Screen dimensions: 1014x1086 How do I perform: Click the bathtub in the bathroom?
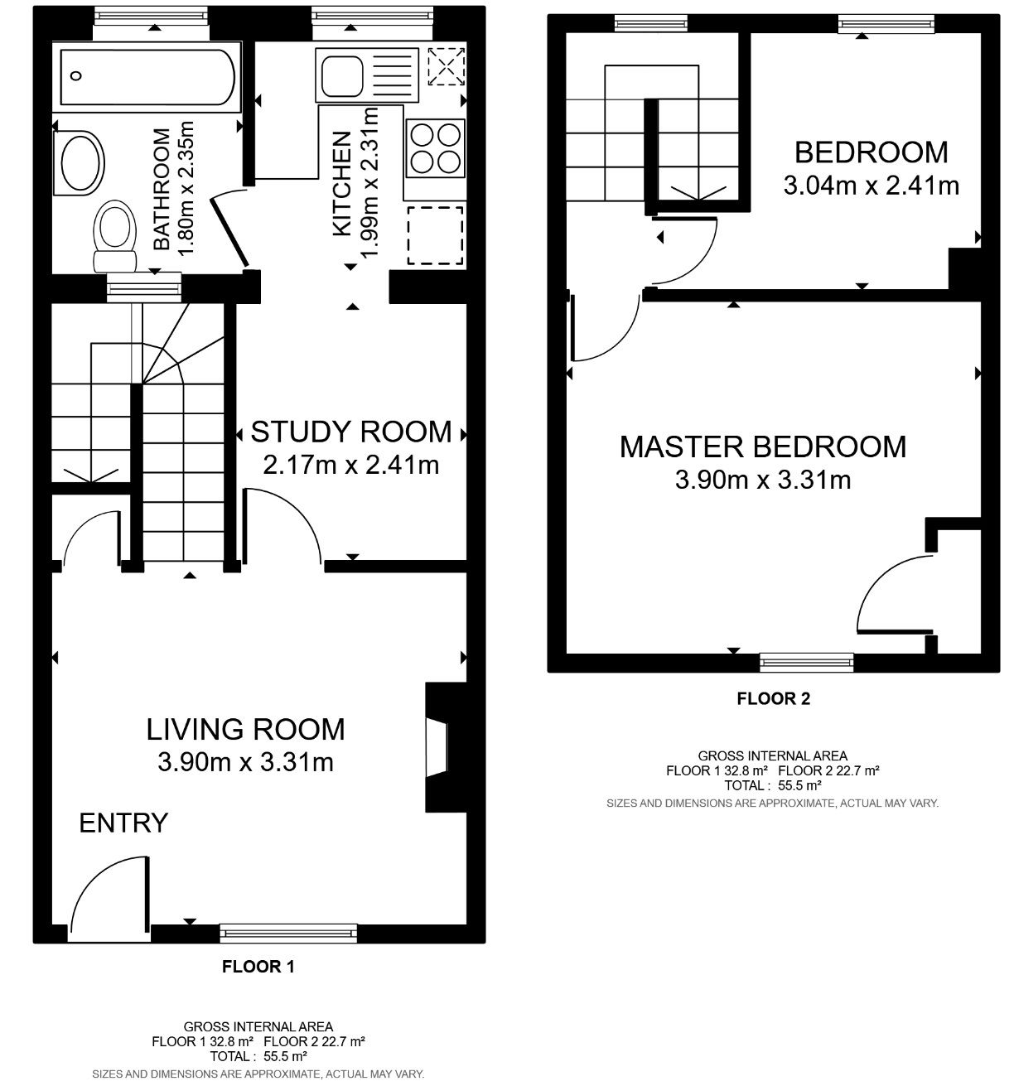pyautogui.click(x=147, y=77)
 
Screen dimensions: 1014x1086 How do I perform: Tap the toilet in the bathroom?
pyautogui.click(x=115, y=236)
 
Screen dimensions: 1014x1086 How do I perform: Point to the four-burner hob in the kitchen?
pyautogui.click(x=435, y=147)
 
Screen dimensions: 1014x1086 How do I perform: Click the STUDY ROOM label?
pyautogui.click(x=351, y=432)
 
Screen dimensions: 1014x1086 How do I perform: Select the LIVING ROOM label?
pyautogui.click(x=245, y=729)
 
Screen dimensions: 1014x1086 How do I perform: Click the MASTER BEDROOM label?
pyautogui.click(x=763, y=446)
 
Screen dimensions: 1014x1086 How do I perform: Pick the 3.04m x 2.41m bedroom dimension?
pyautogui.click(x=872, y=186)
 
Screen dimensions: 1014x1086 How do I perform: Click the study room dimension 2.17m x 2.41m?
pyautogui.click(x=351, y=465)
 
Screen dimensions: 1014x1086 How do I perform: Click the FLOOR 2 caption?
pyautogui.click(x=774, y=698)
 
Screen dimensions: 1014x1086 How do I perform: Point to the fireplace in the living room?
pyautogui.click(x=446, y=747)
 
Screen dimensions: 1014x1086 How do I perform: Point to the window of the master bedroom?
pyautogui.click(x=807, y=662)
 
